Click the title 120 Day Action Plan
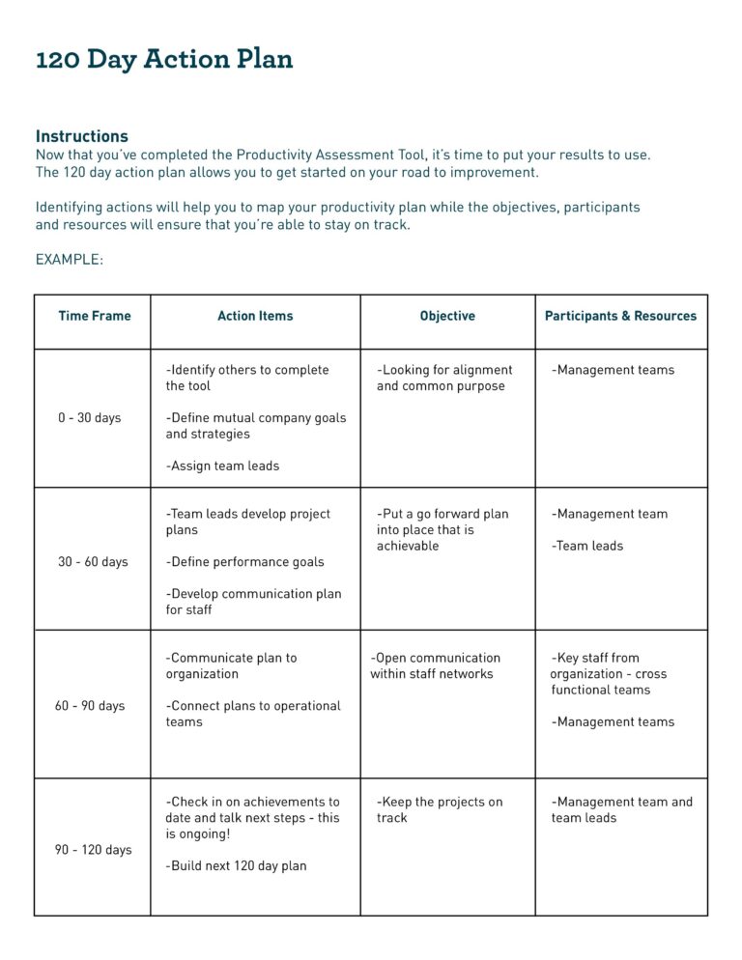pos(164,59)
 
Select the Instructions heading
pos(82,136)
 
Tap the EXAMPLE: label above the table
pos(70,260)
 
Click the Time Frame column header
pos(95,316)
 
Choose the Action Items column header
pos(255,316)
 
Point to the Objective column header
pos(447,316)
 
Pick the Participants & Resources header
pos(620,316)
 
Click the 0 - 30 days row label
pos(90,418)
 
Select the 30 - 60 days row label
pos(93,562)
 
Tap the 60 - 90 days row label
pos(90,706)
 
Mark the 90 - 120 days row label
pos(93,850)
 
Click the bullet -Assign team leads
pos(223,466)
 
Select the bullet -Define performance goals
pos(245,562)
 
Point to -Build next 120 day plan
pos(237,866)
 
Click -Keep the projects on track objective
pos(440,809)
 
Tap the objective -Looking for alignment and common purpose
pos(444,378)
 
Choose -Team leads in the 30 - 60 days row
pos(588,546)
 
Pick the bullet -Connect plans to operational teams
pos(253,714)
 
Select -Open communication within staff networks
pos(435,665)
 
